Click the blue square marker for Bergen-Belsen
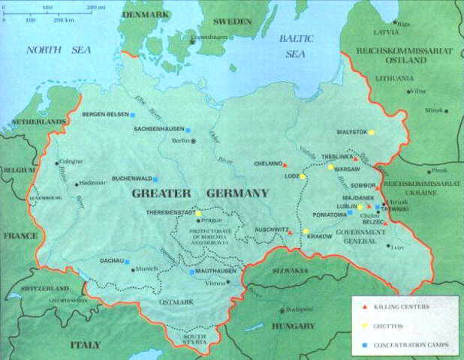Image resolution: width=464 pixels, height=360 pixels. click(134, 115)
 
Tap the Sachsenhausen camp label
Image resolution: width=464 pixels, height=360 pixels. click(155, 129)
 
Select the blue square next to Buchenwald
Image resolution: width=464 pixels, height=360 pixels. click(155, 179)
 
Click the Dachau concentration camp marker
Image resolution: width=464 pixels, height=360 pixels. click(127, 262)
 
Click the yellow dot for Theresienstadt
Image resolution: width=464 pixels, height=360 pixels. click(198, 214)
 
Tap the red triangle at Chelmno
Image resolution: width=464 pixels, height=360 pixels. click(285, 163)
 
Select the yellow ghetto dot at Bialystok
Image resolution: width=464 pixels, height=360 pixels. click(371, 132)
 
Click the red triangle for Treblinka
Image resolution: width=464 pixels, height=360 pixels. click(355, 158)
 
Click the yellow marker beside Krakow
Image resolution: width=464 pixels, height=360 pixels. click(306, 231)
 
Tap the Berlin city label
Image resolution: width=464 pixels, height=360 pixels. click(179, 140)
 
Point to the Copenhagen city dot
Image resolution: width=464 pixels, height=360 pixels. click(191, 41)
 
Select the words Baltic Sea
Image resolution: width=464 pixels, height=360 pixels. click(297, 46)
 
